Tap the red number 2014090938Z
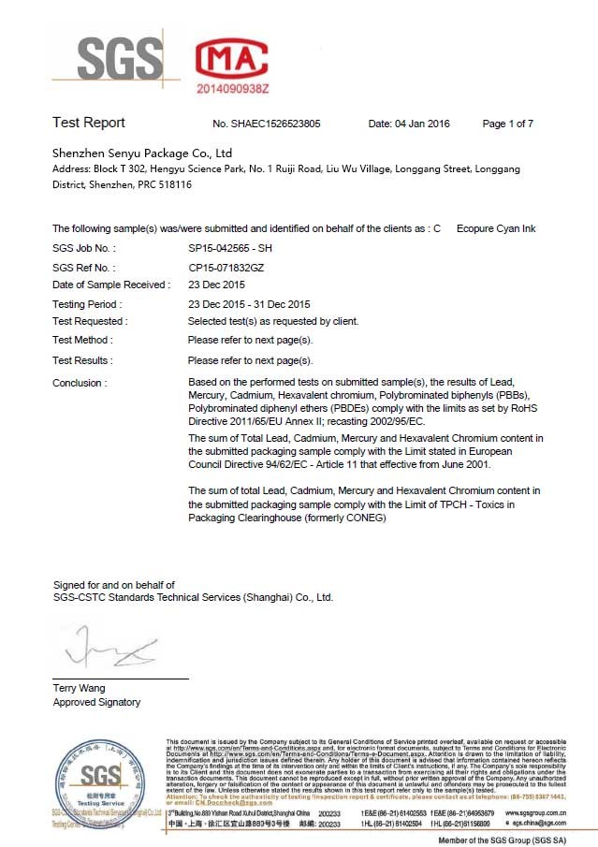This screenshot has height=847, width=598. pos(233,87)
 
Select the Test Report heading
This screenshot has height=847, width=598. pos(89,124)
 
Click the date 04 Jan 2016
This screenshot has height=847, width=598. pos(409,124)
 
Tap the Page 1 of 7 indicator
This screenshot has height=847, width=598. pos(507,124)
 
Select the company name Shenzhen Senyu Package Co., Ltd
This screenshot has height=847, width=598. pos(142,153)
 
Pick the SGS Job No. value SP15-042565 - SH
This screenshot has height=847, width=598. pos(231,248)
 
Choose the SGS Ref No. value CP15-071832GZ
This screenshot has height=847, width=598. pos(228,268)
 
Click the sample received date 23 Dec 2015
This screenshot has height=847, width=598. pos(216,285)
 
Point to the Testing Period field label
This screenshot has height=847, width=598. pos(87,304)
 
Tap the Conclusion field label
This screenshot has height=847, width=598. pos(80,383)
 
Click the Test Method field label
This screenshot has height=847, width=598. pos(82,340)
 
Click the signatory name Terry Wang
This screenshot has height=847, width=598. pos(80,688)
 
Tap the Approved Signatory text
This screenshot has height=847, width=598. pos(96,702)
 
